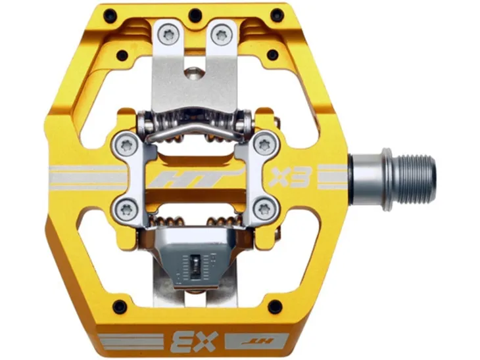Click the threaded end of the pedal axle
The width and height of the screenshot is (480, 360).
pos(418,179)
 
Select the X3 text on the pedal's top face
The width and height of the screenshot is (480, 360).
pos(290,177)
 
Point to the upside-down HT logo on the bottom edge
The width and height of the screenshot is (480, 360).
pos(257,341)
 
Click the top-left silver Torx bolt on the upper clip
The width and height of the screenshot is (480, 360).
pos(168,35)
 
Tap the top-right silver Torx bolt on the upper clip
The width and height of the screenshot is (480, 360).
pos(222,35)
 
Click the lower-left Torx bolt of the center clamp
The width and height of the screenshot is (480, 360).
pos(126,210)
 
